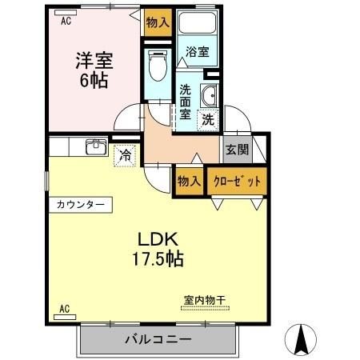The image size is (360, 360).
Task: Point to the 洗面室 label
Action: point(186,102)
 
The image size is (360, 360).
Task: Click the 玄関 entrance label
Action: point(237,150)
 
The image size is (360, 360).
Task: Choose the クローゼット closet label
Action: point(238,181)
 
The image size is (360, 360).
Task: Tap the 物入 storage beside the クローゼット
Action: point(190,181)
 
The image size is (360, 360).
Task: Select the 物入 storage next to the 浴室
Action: point(158,22)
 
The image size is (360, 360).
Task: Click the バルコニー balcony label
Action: point(158,339)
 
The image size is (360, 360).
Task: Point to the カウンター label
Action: point(80,205)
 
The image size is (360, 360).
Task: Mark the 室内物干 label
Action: point(206,300)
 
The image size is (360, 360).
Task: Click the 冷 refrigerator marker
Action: point(125,155)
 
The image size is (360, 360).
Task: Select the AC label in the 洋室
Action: point(67,22)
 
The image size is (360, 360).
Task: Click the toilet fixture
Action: point(158,65)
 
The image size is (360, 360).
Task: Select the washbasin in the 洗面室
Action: point(210,95)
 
